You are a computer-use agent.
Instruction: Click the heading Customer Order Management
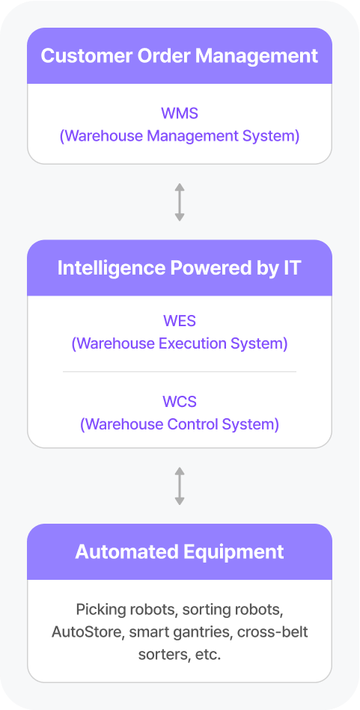pyautogui.click(x=180, y=56)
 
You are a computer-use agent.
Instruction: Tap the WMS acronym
pyautogui.click(x=180, y=113)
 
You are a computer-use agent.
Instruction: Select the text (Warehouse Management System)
pyautogui.click(x=180, y=136)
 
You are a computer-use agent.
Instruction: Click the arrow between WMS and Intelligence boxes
pyautogui.click(x=180, y=203)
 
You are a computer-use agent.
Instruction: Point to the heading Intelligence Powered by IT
pyautogui.click(x=180, y=268)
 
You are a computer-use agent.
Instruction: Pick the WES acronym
pyautogui.click(x=180, y=321)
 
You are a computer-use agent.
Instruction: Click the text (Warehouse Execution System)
pyautogui.click(x=180, y=343)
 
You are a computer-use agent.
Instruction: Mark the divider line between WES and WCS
pyautogui.click(x=180, y=372)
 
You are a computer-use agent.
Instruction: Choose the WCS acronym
pyautogui.click(x=180, y=401)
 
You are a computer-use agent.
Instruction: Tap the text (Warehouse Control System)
pyautogui.click(x=180, y=424)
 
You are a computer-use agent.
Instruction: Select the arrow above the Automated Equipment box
pyautogui.click(x=180, y=486)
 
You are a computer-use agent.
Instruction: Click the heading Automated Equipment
pyautogui.click(x=180, y=552)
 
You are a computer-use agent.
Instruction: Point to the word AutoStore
pyautogui.click(x=88, y=632)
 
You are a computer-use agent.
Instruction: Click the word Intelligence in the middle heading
pyautogui.click(x=112, y=269)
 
